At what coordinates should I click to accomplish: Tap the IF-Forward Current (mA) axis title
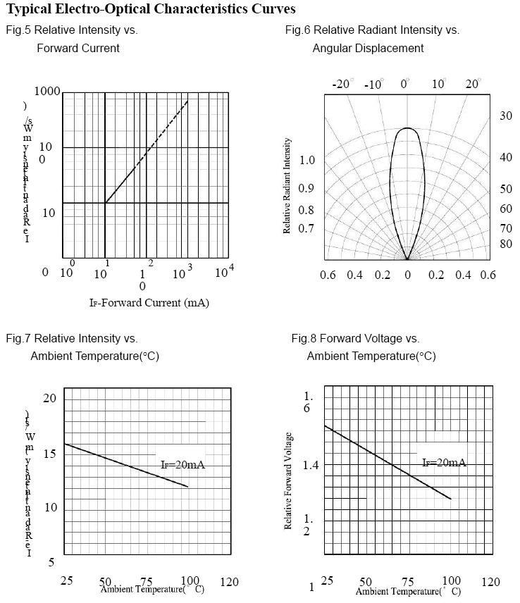(x=149, y=303)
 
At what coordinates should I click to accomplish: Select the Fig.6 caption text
(x=372, y=30)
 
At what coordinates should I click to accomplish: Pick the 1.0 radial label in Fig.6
(x=307, y=161)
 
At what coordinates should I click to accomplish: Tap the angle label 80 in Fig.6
(x=506, y=244)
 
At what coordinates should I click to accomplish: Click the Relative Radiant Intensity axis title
(x=287, y=196)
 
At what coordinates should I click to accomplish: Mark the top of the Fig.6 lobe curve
(x=407, y=128)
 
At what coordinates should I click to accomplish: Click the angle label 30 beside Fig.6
(x=506, y=116)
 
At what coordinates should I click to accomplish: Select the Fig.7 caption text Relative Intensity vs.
(x=72, y=339)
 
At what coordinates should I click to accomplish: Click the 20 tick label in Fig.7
(x=49, y=399)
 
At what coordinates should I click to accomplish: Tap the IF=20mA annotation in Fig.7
(x=182, y=465)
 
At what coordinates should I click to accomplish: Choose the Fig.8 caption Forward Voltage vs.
(x=356, y=339)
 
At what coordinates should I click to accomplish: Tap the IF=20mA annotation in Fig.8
(x=444, y=463)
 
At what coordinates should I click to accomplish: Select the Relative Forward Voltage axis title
(x=288, y=491)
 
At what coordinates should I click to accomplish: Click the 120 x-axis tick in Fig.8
(x=490, y=582)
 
